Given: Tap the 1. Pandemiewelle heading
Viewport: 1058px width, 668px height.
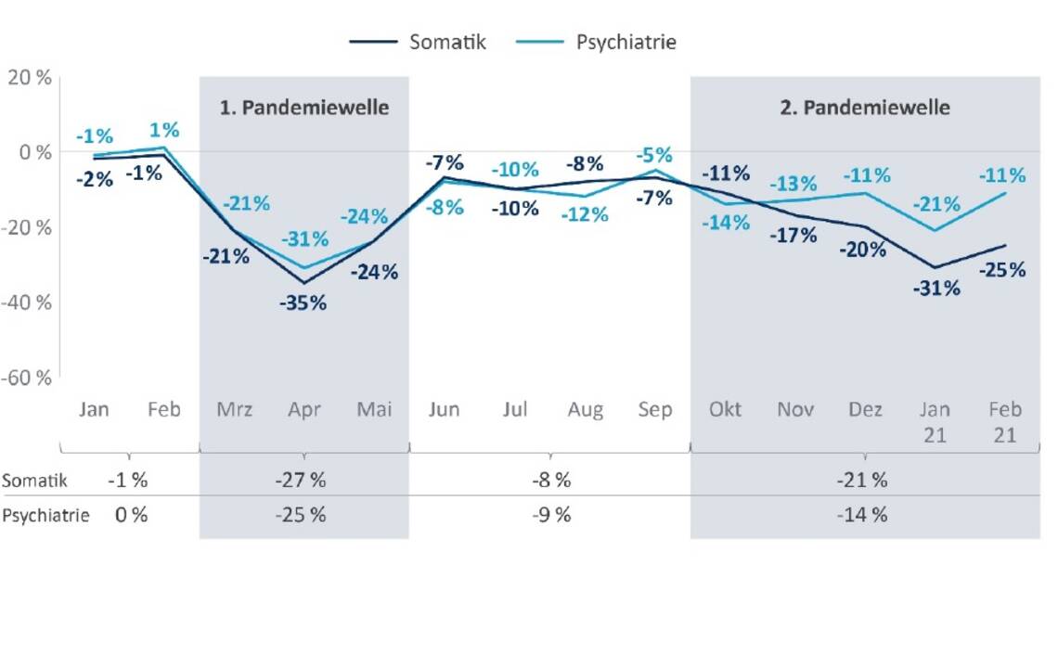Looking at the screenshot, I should pos(303,108).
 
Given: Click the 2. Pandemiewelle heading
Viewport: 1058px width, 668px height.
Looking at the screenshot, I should pos(865,108).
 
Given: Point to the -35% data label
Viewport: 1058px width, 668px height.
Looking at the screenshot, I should pos(303,302).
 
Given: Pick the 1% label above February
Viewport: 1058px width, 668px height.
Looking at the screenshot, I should pos(164,131).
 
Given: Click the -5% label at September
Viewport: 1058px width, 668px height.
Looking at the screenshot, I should pos(654,155).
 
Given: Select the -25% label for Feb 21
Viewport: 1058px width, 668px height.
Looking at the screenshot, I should pos(1002,270).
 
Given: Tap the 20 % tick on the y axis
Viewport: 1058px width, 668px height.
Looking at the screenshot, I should pos(29,78).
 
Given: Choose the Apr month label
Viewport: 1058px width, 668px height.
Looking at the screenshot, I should pos(303,409).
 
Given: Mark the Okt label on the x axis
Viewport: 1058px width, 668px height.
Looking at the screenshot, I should pos(725,409).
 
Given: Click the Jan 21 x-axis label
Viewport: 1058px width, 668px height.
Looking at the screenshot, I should pos(935,421).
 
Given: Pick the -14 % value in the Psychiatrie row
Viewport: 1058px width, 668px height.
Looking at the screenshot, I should pos(865,515).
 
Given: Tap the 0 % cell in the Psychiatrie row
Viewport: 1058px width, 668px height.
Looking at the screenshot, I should pos(131,515).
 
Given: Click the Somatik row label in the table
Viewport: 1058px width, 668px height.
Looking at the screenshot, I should pos(34,481).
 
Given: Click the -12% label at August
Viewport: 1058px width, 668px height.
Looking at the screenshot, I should pos(585,214).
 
